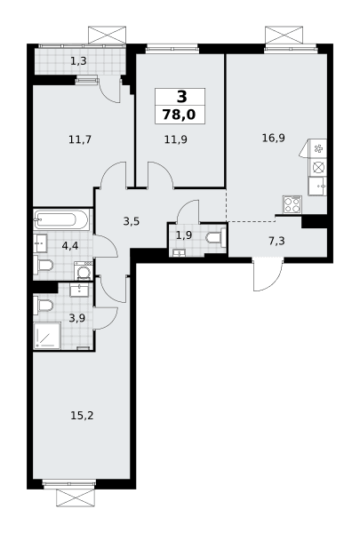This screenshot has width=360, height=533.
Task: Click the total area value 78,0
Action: (x=180, y=115)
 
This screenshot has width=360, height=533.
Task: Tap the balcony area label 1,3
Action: (x=78, y=61)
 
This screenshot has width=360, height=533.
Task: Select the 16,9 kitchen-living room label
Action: (x=273, y=138)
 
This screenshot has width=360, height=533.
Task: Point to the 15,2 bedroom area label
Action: (x=82, y=416)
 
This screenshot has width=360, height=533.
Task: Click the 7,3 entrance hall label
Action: (x=276, y=242)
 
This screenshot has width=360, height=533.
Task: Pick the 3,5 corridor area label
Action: (x=132, y=221)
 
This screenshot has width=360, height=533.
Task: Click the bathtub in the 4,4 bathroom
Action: (x=61, y=219)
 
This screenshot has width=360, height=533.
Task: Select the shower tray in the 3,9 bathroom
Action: (x=47, y=336)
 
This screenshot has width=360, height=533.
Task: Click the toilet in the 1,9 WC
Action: (x=216, y=236)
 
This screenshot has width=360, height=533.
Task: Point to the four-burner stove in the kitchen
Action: (x=292, y=204)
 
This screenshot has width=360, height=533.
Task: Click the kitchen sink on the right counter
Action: (x=317, y=186)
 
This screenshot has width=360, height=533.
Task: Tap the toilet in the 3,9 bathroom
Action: (x=43, y=305)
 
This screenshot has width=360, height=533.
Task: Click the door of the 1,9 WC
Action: (x=188, y=211)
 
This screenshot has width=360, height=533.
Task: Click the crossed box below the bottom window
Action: (x=75, y=498)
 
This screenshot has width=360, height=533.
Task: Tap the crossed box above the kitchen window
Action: (x=284, y=35)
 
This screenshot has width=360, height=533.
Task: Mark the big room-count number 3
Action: (x=182, y=97)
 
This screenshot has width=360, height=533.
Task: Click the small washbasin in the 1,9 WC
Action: (x=179, y=253)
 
